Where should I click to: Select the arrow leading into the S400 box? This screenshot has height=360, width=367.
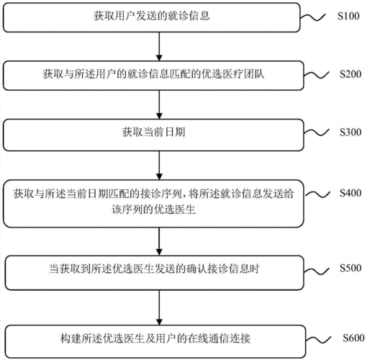158,163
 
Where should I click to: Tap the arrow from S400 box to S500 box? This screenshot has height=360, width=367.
158,239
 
